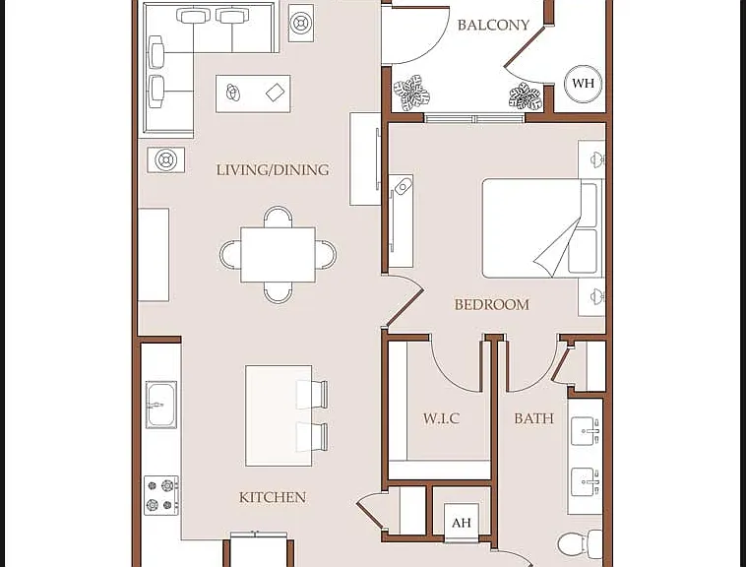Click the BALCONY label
[493, 25]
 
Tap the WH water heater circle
[583, 84]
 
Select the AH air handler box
[461, 523]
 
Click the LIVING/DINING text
[273, 170]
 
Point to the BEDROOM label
[491, 304]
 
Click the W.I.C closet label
[441, 418]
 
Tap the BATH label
[533, 418]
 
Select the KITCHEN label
[273, 497]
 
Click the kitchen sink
[160, 405]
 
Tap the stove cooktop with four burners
[161, 495]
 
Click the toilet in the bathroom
[580, 543]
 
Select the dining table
[278, 255]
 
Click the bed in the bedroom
[542, 228]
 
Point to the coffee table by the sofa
[253, 94]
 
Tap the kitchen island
[279, 415]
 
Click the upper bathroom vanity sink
[585, 431]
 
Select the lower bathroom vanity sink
[585, 481]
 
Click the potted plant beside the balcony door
[411, 93]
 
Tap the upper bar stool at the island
[312, 395]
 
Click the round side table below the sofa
[165, 159]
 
